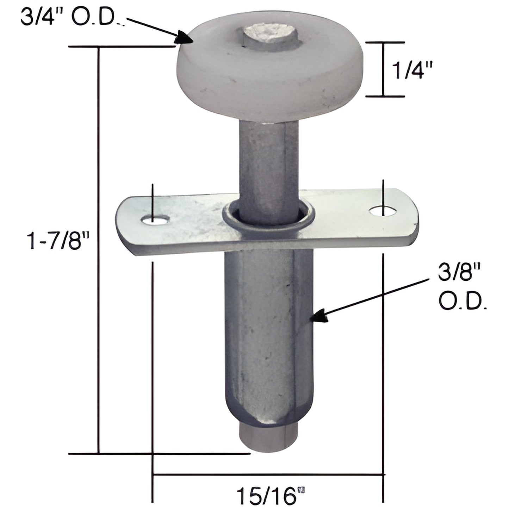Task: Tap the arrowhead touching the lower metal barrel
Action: pyautogui.click(x=319, y=316)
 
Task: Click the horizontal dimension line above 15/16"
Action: pyautogui.click(x=268, y=475)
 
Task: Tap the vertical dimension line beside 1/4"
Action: pyautogui.click(x=384, y=69)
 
